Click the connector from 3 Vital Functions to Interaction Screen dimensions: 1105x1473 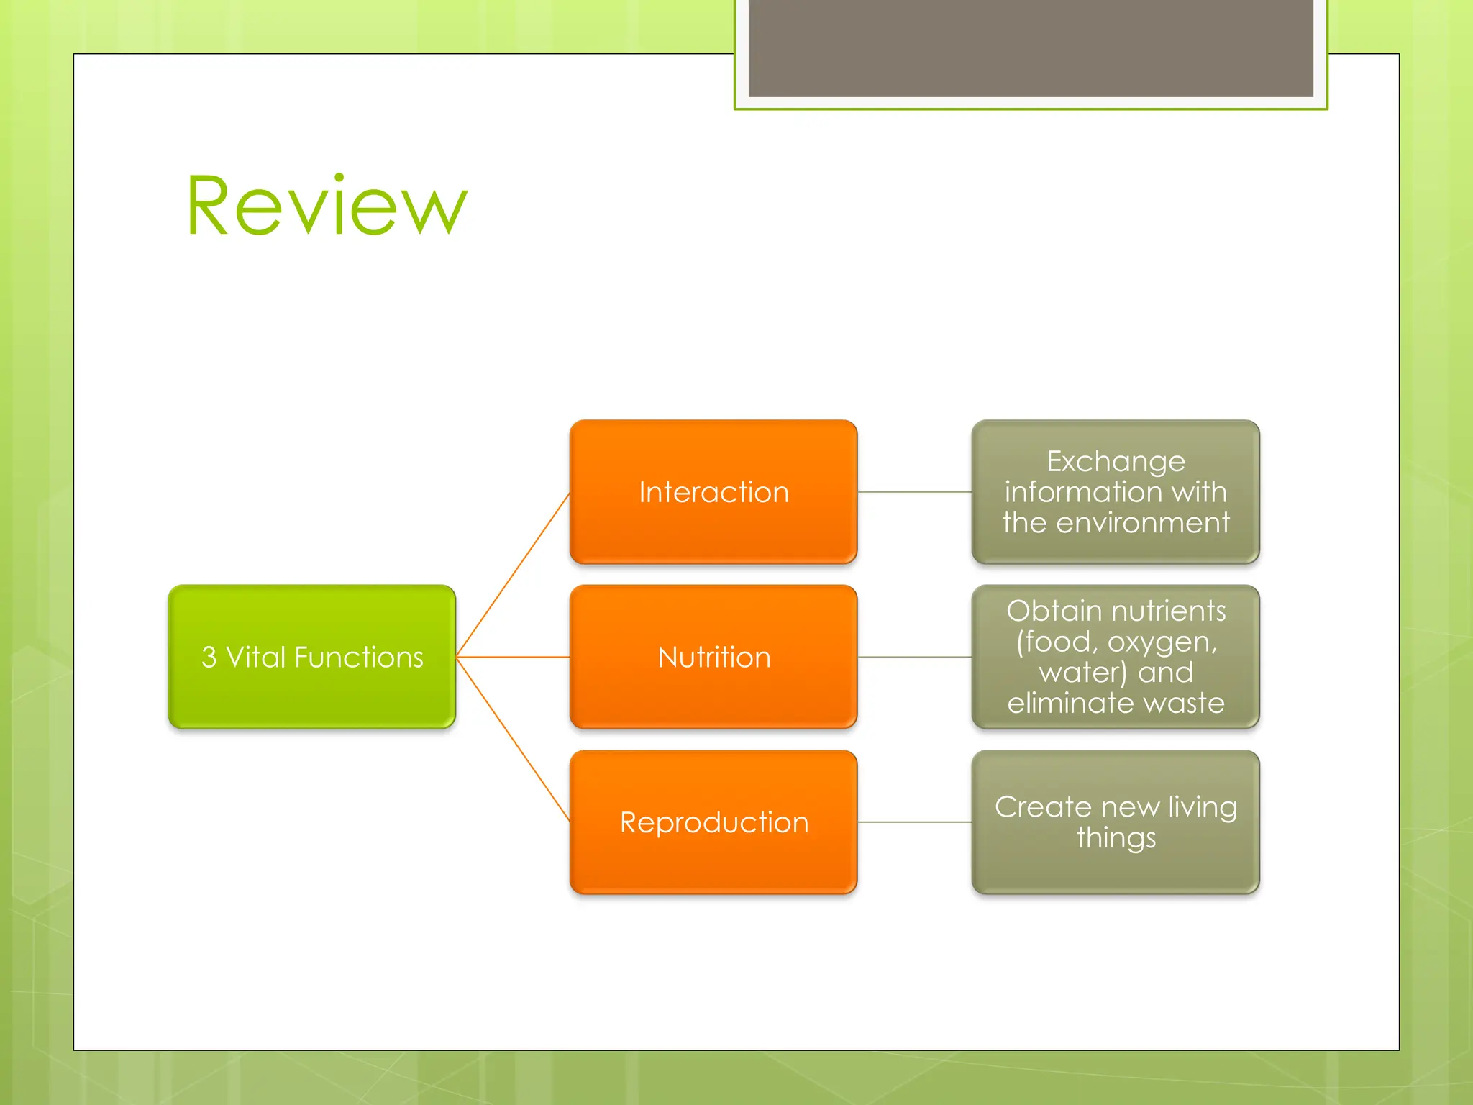[x=513, y=575]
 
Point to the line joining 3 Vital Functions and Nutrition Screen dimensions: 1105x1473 [x=513, y=657]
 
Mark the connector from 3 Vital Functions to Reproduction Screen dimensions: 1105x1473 [x=513, y=739]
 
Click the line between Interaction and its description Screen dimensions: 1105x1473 [x=914, y=492]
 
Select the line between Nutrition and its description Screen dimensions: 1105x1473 [x=914, y=657]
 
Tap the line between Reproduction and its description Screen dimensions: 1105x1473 [x=914, y=822]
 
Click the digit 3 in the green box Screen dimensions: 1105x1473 [x=209, y=658]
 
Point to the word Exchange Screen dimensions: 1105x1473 [x=1116, y=462]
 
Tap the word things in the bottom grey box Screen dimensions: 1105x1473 [x=1116, y=838]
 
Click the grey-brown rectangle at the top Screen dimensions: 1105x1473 [x=1031, y=48]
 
